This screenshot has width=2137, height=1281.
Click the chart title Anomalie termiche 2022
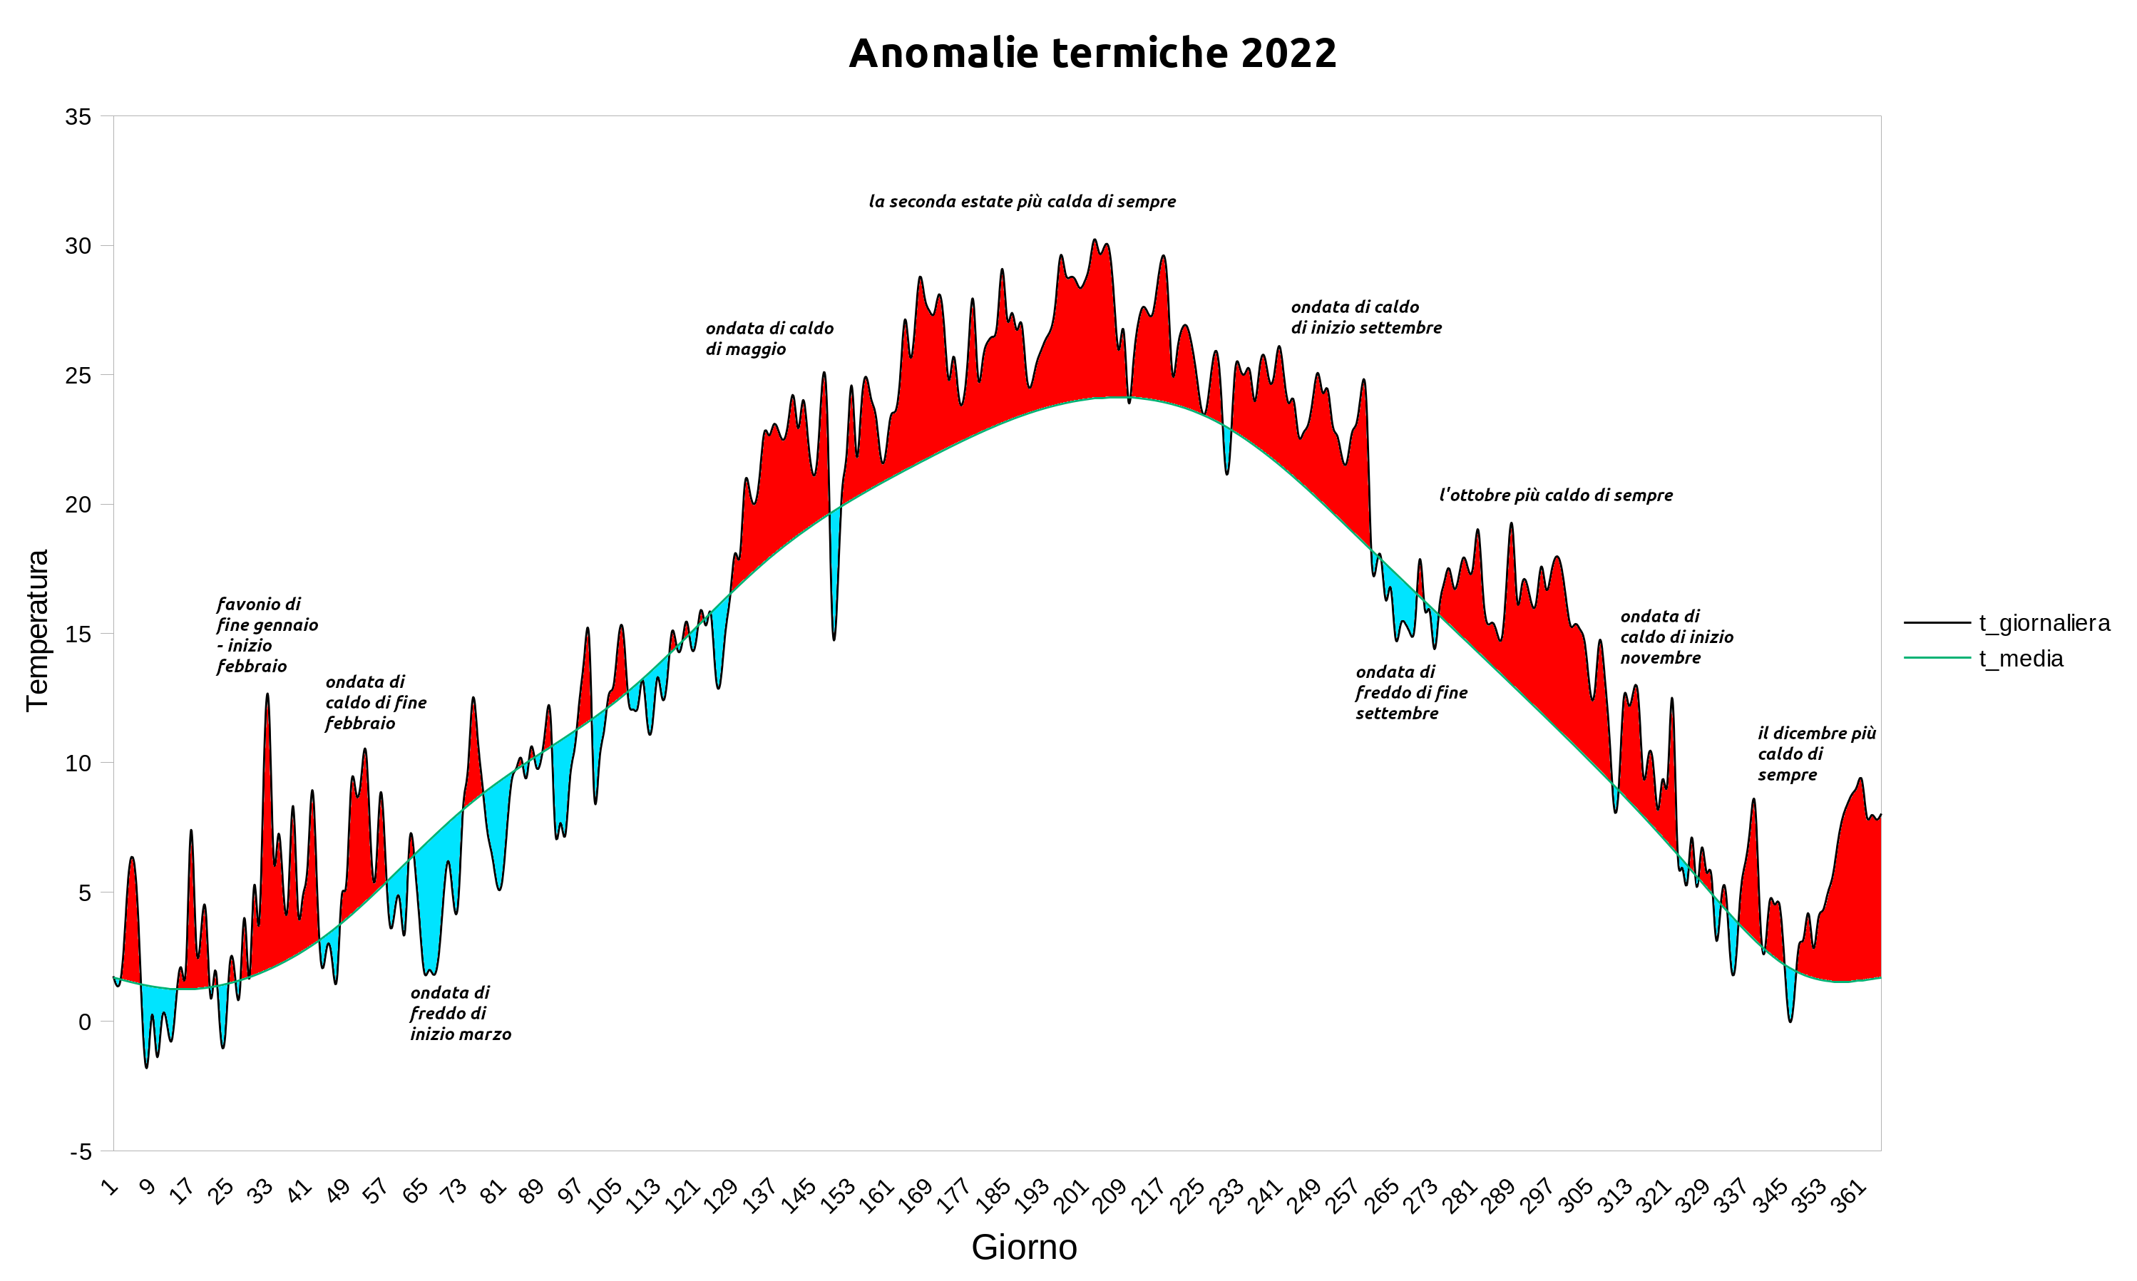1092,53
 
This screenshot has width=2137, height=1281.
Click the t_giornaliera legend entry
2044,623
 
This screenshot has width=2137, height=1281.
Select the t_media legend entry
2021,659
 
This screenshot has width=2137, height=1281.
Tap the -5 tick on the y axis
81,1151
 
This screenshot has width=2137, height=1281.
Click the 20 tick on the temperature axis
78,505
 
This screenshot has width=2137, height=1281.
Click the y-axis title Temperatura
38,630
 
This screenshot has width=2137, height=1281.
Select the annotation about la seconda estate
1023,202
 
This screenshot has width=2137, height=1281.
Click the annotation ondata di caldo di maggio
769,339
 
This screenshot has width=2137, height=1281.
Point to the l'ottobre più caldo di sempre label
1555,495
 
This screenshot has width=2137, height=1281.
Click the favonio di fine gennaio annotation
267,635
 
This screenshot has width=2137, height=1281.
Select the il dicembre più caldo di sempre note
1816,753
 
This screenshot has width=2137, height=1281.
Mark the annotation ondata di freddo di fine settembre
1411,692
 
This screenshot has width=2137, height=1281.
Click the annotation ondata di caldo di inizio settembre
1366,317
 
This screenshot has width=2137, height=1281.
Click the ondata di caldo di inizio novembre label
1676,637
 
